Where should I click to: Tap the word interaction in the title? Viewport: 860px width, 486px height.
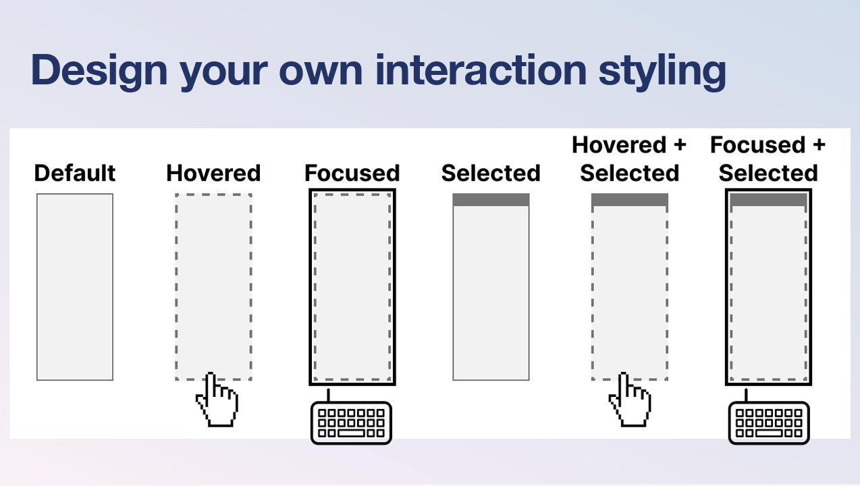[x=481, y=70]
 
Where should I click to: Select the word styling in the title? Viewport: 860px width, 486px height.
[x=662, y=72]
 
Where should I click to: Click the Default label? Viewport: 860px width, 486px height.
[x=75, y=173]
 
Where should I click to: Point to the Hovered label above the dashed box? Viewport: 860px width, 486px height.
[x=213, y=173]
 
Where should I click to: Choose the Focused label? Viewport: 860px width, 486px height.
[x=352, y=173]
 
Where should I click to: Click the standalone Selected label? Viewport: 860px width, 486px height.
[x=491, y=173]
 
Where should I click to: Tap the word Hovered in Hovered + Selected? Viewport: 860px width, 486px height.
[x=619, y=144]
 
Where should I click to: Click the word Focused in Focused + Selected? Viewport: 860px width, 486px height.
[x=757, y=144]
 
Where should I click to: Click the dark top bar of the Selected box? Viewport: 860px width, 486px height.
[x=491, y=200]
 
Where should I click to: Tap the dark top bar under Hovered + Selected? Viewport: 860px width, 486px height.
[x=630, y=200]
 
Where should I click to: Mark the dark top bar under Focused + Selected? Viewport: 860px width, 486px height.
[x=768, y=200]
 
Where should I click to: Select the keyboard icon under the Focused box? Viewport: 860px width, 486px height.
[x=351, y=423]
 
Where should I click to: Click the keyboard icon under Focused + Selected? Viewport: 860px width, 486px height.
[x=769, y=423]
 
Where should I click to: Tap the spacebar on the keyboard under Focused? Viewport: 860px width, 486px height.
[x=351, y=433]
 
